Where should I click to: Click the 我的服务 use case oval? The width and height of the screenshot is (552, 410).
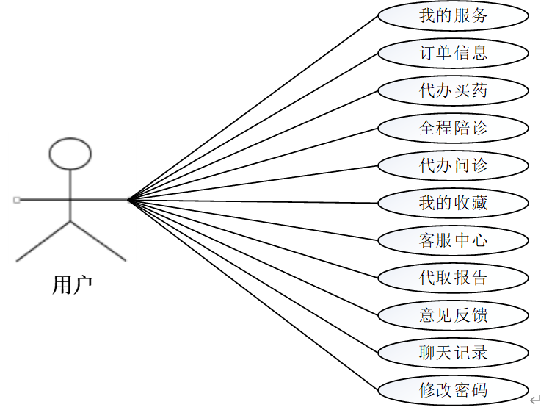coord(453,15)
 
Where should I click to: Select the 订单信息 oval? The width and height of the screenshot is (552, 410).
coord(453,53)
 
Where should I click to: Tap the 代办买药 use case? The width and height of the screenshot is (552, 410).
coord(453,90)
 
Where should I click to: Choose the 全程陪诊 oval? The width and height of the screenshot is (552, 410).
coord(453,128)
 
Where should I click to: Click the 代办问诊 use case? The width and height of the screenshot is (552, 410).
coord(453,165)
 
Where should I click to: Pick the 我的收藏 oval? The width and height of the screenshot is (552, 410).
coord(453,203)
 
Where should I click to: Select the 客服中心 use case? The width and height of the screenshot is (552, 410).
coord(453,240)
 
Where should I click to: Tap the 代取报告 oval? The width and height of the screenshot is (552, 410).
coord(453,278)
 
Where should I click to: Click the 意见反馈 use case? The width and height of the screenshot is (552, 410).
coord(453,315)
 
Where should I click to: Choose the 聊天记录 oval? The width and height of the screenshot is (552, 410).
coord(453,353)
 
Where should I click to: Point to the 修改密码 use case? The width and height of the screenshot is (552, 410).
coord(453,390)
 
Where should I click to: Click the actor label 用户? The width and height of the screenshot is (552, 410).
coord(72,285)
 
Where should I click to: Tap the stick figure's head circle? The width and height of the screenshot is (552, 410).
coord(70,153)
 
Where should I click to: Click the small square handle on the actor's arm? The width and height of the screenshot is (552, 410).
coord(16,199)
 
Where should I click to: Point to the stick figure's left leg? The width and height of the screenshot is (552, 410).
coord(43,240)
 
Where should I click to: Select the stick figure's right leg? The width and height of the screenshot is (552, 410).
coord(98,240)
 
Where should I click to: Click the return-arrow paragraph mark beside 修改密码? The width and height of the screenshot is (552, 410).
coord(536,399)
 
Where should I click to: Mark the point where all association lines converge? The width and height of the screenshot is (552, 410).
coord(128,199)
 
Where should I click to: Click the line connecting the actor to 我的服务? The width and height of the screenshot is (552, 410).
coord(253,107)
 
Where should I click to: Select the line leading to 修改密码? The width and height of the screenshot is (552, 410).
coord(253,294)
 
